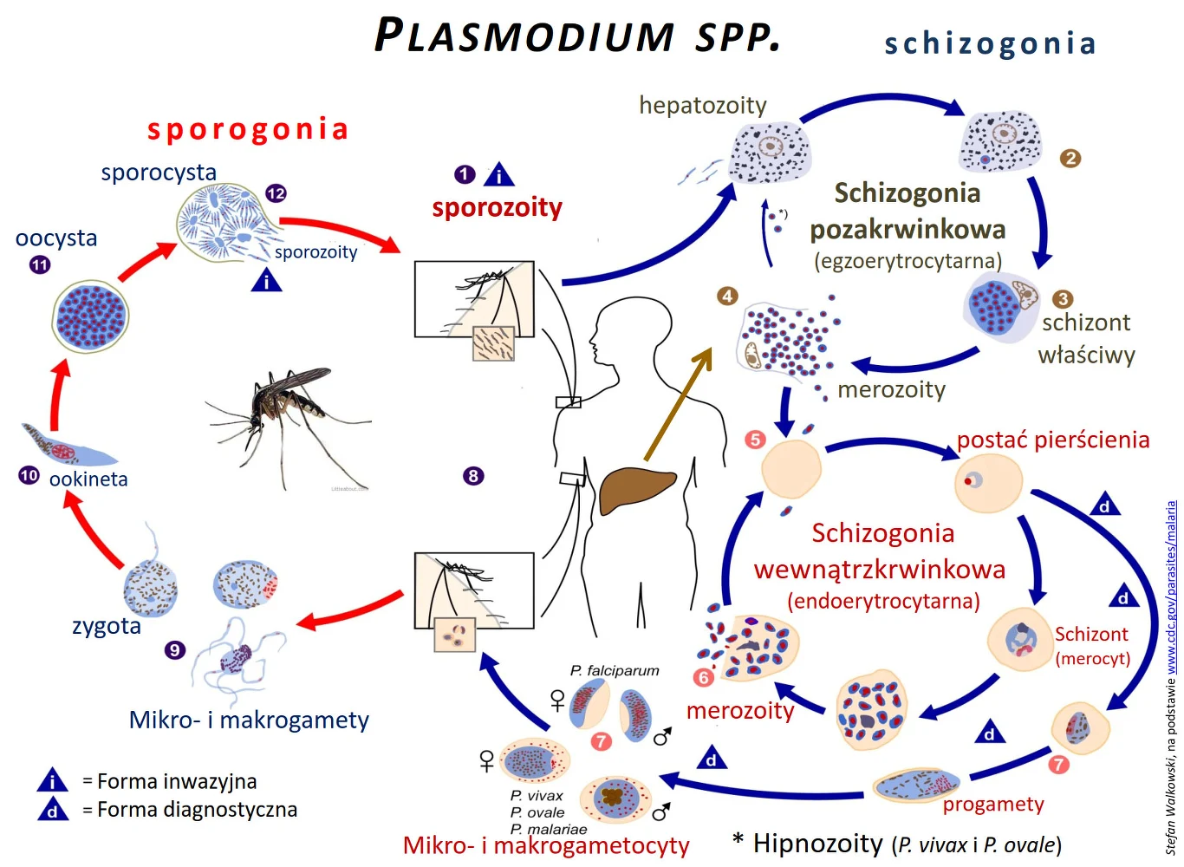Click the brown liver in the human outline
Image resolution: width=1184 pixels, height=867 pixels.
click(x=636, y=490)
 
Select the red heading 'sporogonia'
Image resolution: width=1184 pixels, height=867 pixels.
click(x=248, y=129)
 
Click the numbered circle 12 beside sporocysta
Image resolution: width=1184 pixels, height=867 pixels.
click(x=276, y=193)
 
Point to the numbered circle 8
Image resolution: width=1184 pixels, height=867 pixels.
click(x=473, y=475)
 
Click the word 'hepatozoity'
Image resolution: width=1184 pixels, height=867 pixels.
click(x=702, y=106)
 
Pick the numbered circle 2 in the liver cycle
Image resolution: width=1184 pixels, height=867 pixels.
click(x=1070, y=158)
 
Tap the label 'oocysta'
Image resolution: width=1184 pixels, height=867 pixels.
click(x=56, y=238)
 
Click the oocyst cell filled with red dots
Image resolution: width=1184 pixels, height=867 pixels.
click(x=90, y=317)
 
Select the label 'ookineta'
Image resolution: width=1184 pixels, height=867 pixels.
click(x=88, y=479)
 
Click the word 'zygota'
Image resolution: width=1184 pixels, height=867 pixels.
click(x=106, y=626)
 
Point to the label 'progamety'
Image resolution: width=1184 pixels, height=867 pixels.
click(x=993, y=805)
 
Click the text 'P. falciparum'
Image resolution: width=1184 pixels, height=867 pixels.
click(x=615, y=670)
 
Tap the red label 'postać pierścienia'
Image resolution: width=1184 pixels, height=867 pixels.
click(x=1053, y=440)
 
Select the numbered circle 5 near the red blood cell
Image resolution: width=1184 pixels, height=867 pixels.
click(x=755, y=440)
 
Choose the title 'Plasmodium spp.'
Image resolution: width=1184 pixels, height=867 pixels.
click(x=577, y=36)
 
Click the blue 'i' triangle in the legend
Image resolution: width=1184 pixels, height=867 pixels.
click(x=53, y=780)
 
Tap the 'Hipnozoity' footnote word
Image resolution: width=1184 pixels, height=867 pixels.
click(x=817, y=843)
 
